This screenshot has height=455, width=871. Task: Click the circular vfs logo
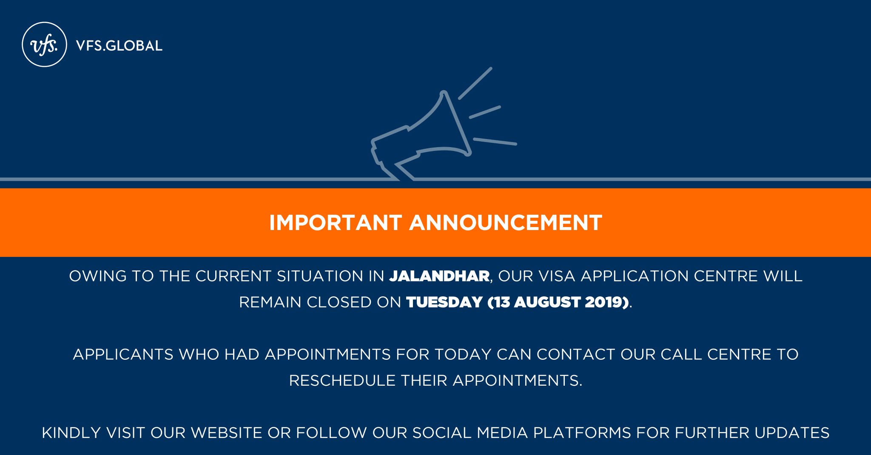(x=44, y=45)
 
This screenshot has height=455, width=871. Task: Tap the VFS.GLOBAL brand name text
(x=119, y=46)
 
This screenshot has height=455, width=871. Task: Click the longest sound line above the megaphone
(x=475, y=83)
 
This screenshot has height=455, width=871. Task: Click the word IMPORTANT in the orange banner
(x=336, y=223)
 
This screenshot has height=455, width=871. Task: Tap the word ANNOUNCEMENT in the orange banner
(x=506, y=223)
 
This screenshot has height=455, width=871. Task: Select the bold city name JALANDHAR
(x=439, y=276)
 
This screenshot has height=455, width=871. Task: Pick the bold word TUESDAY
(x=444, y=302)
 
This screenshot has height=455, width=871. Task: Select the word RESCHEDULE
(x=342, y=381)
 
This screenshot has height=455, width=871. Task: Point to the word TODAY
(x=462, y=355)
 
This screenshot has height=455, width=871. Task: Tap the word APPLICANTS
(x=123, y=355)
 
